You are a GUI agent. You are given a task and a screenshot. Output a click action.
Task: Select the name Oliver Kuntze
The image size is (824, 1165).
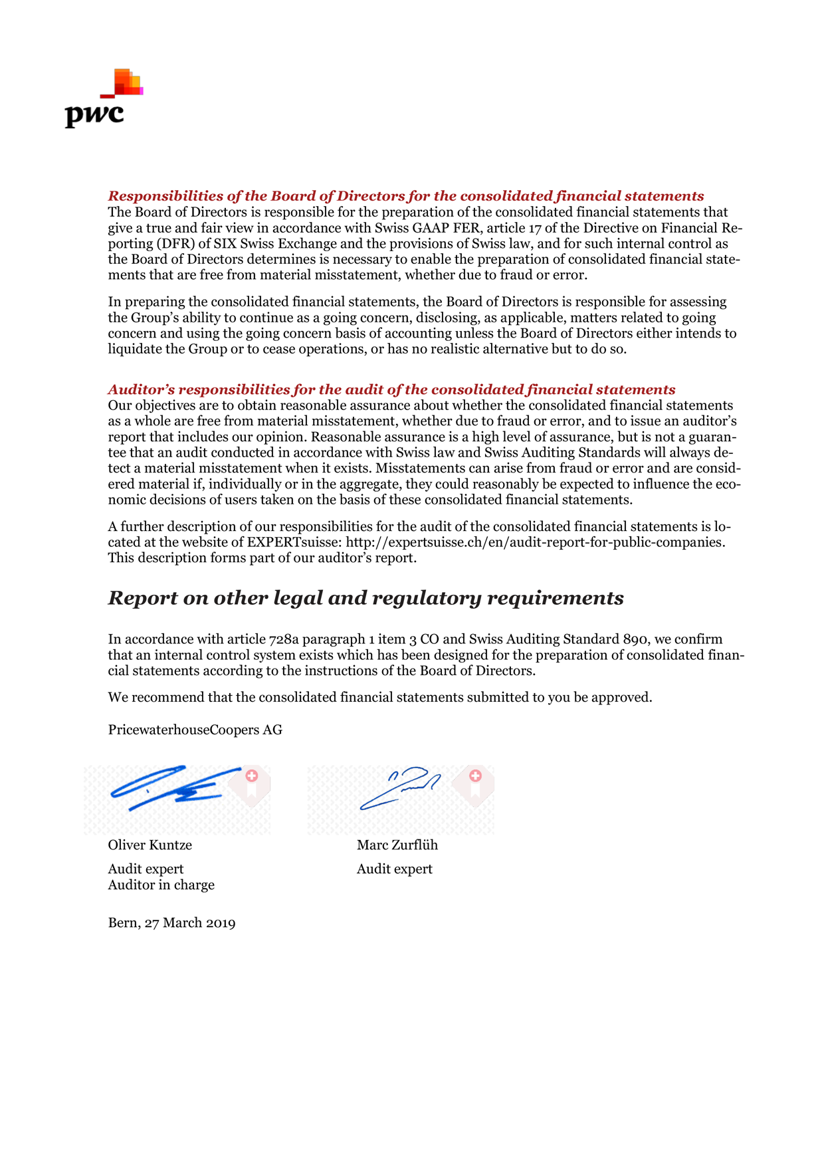click(x=150, y=845)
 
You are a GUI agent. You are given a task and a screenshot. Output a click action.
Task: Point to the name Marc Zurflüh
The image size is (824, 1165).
click(x=397, y=845)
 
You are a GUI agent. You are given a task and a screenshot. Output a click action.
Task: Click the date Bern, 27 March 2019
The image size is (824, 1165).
click(x=171, y=923)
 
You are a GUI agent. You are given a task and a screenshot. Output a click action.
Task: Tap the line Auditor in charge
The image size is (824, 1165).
click(x=161, y=885)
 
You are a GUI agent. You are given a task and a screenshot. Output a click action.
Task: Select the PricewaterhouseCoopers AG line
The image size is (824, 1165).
click(x=195, y=730)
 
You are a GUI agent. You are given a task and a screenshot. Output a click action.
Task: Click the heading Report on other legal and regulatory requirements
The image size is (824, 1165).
click(x=365, y=598)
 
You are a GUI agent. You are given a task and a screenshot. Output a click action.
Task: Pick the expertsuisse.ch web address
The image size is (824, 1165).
click(x=534, y=542)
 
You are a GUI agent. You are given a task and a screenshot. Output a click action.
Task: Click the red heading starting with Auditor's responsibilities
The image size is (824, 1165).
click(x=391, y=389)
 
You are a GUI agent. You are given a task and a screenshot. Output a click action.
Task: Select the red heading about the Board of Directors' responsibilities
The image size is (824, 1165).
click(x=405, y=196)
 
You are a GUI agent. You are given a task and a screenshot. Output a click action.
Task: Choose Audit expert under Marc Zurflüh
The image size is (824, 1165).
click(x=395, y=869)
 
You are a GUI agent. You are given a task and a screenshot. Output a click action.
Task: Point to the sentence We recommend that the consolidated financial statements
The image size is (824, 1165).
click(x=380, y=698)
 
